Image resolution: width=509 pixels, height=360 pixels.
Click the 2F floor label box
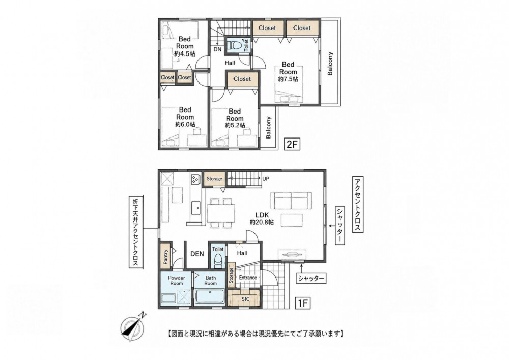click(292, 144)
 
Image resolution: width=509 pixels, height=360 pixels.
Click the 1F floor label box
click(302, 303)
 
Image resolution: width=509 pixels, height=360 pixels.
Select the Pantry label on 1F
click(165, 257)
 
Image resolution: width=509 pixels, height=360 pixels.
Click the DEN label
click(197, 254)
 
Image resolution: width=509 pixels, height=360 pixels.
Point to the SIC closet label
click(246, 299)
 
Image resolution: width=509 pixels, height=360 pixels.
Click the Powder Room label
click(177, 281)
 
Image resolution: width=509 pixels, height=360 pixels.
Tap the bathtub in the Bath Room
click(210, 296)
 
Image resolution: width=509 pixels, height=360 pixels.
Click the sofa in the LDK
click(291, 201)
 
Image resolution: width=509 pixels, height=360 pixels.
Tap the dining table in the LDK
click(221, 213)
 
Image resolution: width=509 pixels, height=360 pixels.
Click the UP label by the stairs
click(266, 179)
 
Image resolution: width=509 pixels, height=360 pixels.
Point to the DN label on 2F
click(217, 49)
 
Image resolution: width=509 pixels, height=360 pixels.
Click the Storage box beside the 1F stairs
click(214, 179)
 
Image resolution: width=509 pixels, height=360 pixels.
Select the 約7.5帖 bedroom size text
click(288, 79)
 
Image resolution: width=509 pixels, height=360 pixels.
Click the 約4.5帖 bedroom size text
click(185, 53)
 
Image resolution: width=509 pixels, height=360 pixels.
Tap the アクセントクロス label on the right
click(357, 205)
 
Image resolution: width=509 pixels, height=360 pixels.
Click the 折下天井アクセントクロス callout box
click(135, 232)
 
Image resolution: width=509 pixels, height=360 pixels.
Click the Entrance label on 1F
click(248, 278)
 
